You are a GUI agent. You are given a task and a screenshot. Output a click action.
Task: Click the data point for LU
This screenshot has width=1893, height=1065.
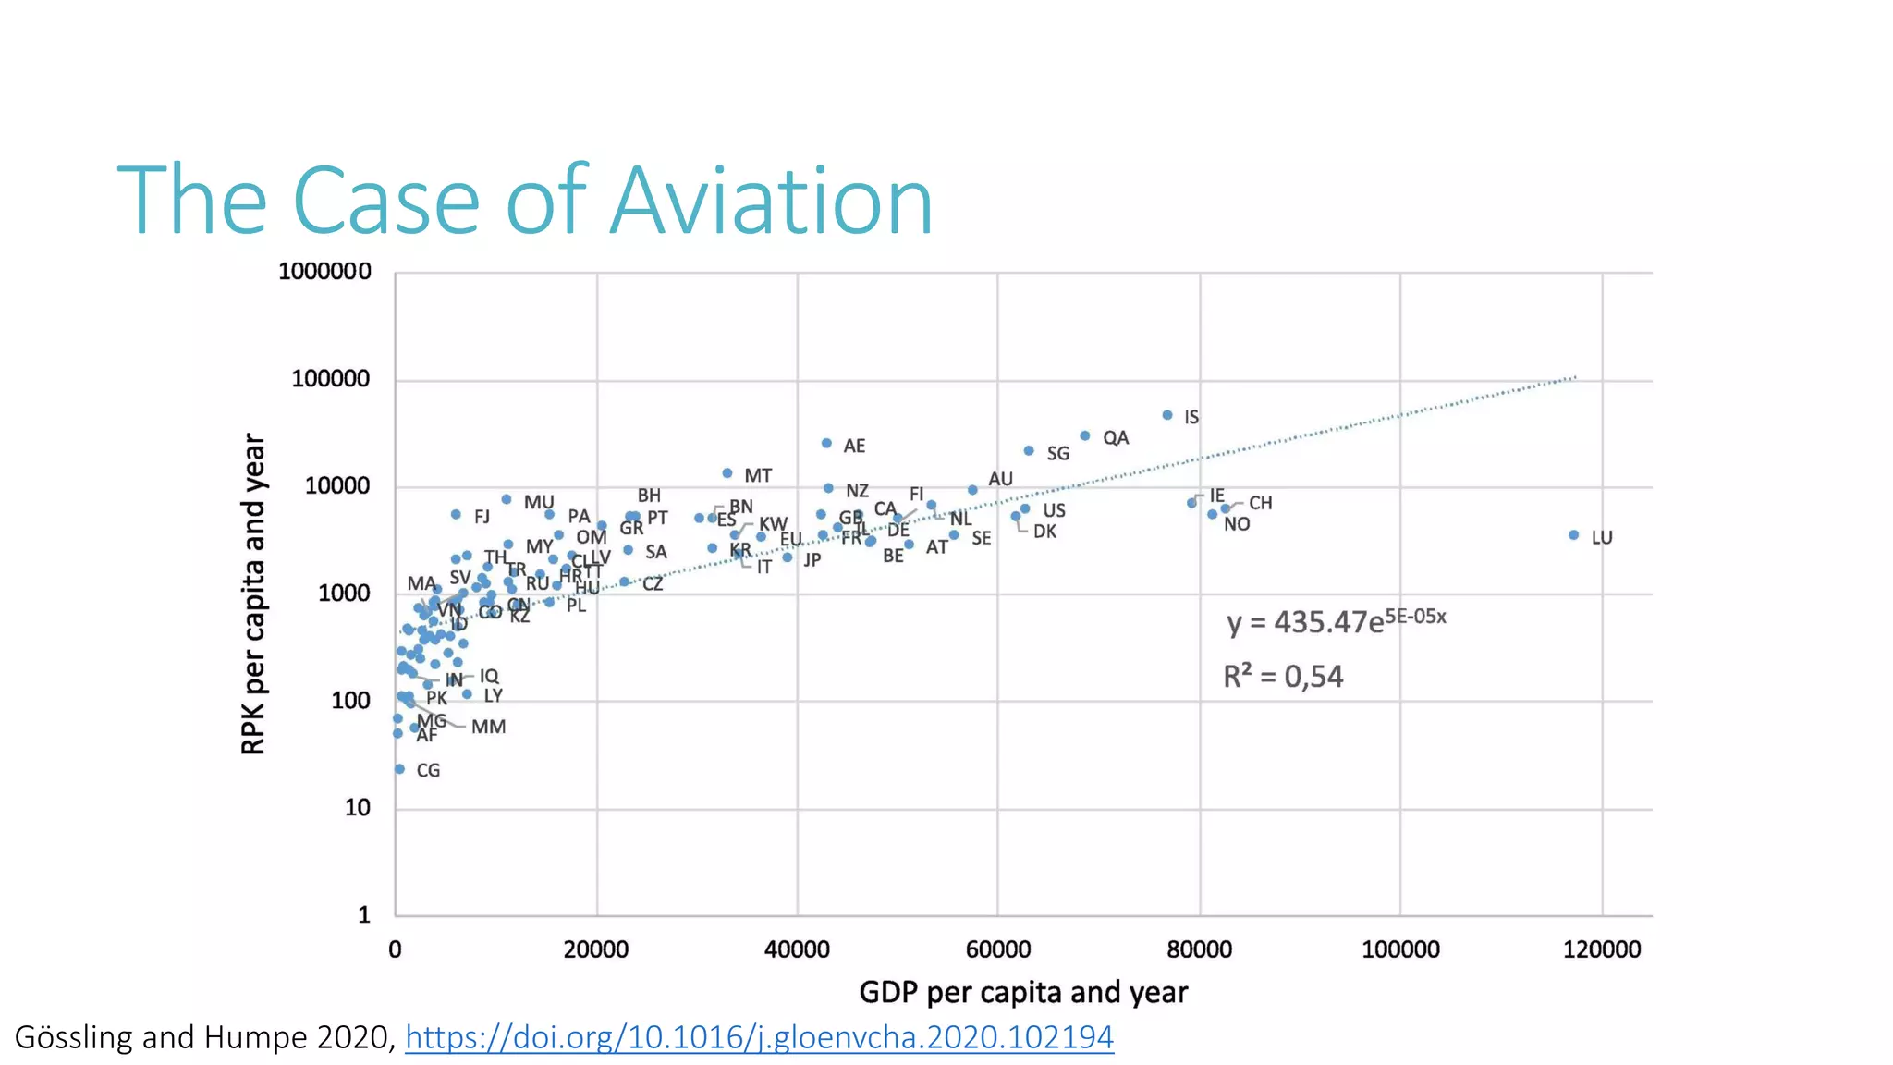[x=1573, y=535]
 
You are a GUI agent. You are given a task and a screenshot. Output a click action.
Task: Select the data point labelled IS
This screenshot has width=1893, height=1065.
[x=1167, y=416]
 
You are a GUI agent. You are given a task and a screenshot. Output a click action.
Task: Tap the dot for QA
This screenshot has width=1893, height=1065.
[x=1085, y=436]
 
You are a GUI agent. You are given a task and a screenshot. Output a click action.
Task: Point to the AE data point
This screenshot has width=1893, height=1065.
[x=826, y=444]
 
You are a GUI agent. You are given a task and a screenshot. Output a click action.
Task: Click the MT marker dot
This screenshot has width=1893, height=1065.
[x=727, y=473]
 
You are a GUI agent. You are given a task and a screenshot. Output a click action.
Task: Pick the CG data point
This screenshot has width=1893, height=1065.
[x=399, y=769]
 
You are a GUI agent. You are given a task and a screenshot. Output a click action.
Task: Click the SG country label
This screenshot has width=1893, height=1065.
[x=1057, y=454]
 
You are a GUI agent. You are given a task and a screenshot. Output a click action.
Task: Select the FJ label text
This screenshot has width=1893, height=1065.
[x=482, y=517]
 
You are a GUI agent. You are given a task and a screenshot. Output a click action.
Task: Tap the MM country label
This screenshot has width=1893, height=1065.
[x=488, y=728]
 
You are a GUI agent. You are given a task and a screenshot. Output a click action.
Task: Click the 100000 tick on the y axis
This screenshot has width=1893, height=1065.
[x=331, y=379]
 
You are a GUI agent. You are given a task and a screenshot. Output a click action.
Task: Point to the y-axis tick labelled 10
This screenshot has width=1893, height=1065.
[x=357, y=808]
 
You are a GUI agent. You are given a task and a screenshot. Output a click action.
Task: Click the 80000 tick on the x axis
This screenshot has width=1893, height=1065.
[x=1199, y=949]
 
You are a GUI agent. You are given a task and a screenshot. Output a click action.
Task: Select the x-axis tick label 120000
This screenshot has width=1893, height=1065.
[x=1601, y=949]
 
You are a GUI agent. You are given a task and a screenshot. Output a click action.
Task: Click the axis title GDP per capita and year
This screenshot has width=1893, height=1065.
[x=1023, y=993]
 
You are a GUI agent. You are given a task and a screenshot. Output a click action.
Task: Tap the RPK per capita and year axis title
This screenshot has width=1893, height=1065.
[x=253, y=594]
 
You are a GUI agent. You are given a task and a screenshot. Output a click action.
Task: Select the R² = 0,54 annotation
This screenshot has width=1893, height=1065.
[x=1283, y=677]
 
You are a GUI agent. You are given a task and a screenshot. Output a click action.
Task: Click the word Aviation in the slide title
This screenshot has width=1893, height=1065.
[x=772, y=201]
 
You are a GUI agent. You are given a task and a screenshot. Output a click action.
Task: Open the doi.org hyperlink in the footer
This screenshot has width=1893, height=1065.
[x=759, y=1037]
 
